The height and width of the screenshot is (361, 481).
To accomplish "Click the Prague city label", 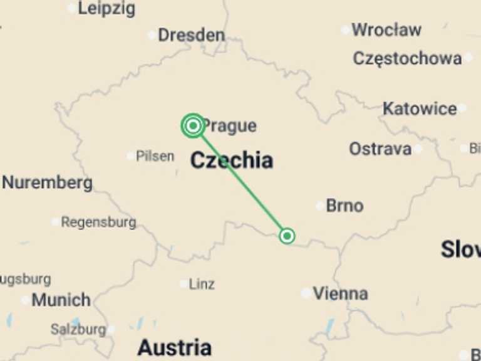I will coord(230,126).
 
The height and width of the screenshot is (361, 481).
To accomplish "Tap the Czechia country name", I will coord(231,160).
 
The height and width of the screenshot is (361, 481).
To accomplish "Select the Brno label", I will coord(344,206).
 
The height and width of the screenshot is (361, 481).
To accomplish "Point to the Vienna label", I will coord(340,293).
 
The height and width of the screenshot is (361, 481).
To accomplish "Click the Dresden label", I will coord(191,35).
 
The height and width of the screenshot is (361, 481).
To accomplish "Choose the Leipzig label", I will coord(106,9).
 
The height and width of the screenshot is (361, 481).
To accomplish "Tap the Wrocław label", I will coord(386,29).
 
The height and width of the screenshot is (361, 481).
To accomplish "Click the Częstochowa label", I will coord(407,58).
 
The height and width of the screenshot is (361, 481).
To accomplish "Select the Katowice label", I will coord(420,108).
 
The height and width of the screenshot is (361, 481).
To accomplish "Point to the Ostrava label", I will coord(380,149).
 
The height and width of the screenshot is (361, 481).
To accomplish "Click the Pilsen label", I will coord(155,156).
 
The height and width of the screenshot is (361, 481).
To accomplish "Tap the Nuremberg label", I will coord(48,183).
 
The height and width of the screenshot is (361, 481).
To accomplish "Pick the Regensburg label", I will coord(98,222).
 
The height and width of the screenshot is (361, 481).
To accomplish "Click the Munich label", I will coord(61,300).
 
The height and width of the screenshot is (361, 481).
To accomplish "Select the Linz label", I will coord(202,284).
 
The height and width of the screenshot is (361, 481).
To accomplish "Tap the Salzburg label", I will coord(78,329).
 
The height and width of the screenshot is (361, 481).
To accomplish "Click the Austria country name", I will coord(174,347).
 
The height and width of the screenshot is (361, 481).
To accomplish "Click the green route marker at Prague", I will coord(193,126).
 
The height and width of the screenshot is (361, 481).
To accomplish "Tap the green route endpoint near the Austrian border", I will coord(287,236).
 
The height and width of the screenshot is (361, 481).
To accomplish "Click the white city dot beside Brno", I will coord(320,206).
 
